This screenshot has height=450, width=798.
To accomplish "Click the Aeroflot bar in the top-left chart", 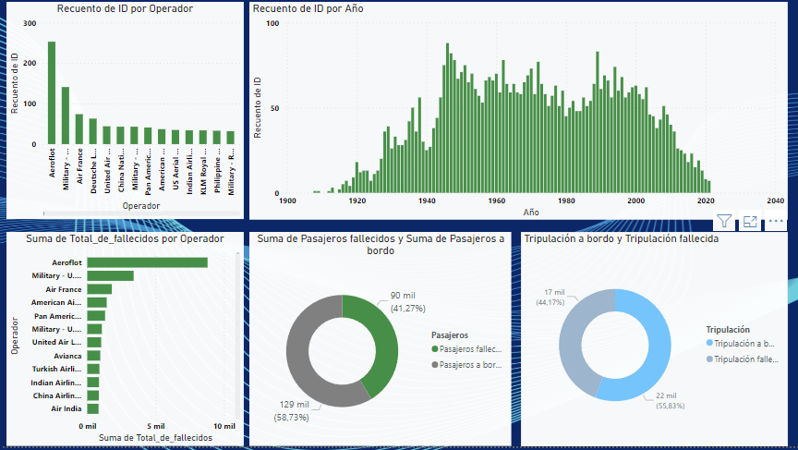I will [52, 92].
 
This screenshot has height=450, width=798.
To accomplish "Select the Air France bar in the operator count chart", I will [79, 129].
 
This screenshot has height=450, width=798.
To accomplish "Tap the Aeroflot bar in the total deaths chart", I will [148, 262].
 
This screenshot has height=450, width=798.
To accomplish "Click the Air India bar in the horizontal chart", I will [93, 408].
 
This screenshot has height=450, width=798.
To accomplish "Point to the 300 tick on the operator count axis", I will [30, 23].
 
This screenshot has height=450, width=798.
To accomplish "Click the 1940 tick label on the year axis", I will [427, 201].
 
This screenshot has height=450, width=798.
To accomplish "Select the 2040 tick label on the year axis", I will [775, 201].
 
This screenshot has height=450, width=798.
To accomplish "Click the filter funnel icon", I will [724, 222].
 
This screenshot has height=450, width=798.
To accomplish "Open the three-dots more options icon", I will [776, 222].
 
